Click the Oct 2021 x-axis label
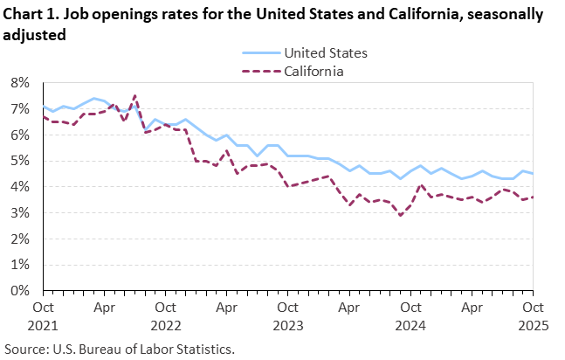(x=44, y=315)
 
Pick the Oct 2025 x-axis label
(x=533, y=315)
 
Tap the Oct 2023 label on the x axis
(x=288, y=315)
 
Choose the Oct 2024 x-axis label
(x=410, y=315)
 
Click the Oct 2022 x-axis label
(x=166, y=315)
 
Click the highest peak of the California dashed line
(x=134, y=95)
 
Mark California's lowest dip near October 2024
(x=400, y=215)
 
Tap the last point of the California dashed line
(x=533, y=197)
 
